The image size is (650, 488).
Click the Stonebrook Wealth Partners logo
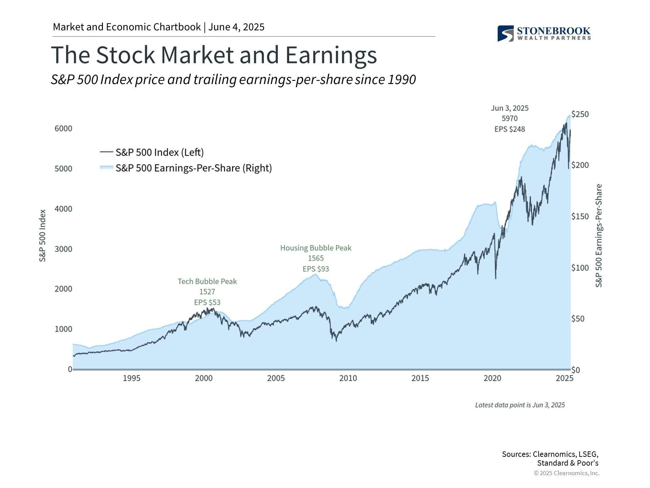[x=544, y=34]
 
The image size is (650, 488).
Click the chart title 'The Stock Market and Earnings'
[x=214, y=55]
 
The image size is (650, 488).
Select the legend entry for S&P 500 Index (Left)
[x=159, y=152]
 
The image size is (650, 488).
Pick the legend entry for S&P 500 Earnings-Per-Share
[x=193, y=168]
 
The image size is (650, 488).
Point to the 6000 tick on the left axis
[x=63, y=128]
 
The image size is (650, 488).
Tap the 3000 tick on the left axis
[x=63, y=249]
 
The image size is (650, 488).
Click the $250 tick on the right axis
[x=580, y=114]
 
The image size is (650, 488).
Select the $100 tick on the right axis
[x=580, y=268]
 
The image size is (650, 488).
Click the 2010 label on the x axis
[x=348, y=378]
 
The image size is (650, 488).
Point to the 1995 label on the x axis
[x=131, y=378]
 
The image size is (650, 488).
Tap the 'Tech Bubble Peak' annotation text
[x=207, y=281]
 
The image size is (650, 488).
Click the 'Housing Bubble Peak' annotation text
[x=316, y=248]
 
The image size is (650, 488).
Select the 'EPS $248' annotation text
[x=510, y=129]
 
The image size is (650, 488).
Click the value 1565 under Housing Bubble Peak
[x=316, y=258]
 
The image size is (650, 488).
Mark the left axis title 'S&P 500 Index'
[x=42, y=236]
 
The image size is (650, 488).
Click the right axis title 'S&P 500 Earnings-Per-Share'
[x=599, y=236]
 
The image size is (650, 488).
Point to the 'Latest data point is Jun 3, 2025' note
[x=520, y=405]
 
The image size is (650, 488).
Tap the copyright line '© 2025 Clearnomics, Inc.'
[x=567, y=473]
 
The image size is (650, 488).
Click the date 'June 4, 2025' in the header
[x=236, y=27]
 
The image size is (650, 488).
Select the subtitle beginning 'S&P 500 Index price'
[x=233, y=80]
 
